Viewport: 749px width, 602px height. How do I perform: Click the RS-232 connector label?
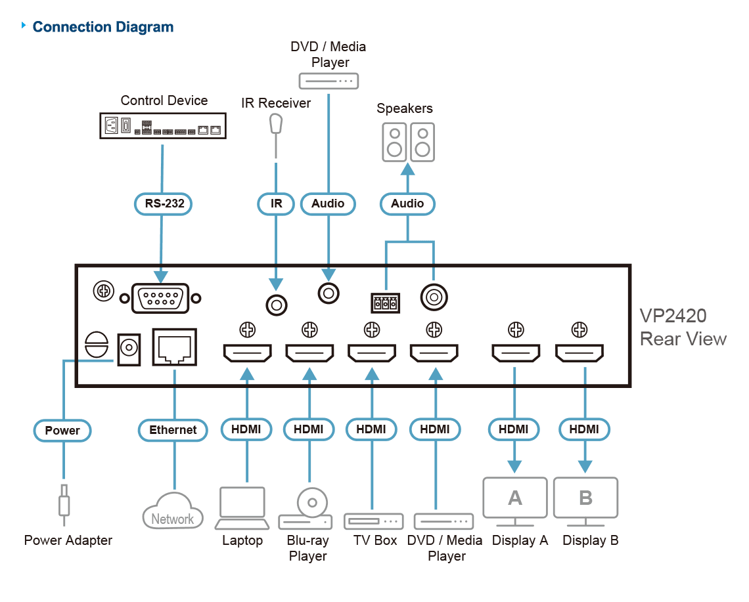click(x=163, y=204)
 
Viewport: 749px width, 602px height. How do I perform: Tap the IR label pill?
click(x=276, y=204)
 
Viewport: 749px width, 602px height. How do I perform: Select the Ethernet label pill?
click(x=173, y=430)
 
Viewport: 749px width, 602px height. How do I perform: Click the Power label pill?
click(x=62, y=431)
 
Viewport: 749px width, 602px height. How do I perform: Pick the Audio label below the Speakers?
click(x=407, y=204)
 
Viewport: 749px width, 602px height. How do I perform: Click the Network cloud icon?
click(x=173, y=511)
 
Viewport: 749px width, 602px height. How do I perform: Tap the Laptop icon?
click(x=242, y=508)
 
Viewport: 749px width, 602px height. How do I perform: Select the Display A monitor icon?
click(x=515, y=501)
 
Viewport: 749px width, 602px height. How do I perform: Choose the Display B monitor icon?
click(x=585, y=501)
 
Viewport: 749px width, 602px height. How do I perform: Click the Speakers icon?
click(x=409, y=142)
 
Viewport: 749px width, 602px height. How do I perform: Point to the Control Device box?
click(x=163, y=126)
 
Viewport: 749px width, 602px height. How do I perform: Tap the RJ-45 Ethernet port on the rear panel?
click(x=174, y=347)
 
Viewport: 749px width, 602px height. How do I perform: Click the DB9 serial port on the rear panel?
click(x=160, y=299)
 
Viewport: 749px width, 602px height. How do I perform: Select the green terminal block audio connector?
click(x=386, y=303)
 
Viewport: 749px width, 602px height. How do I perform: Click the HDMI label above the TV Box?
click(x=371, y=429)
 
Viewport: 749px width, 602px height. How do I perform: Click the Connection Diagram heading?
click(x=103, y=27)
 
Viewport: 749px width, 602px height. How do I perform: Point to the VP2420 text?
click(x=673, y=316)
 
